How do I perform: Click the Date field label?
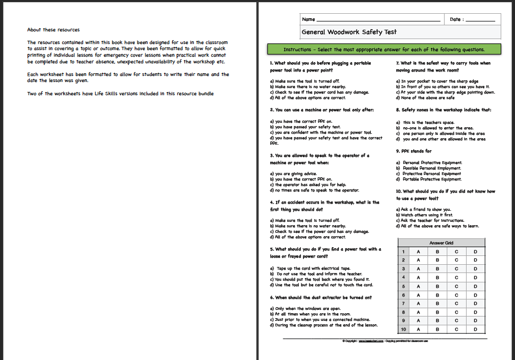click(456, 19)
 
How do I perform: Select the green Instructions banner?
click(383, 50)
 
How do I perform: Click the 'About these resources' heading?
click(53, 30)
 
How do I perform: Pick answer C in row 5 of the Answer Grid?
click(456, 286)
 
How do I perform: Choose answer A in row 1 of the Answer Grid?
click(418, 251)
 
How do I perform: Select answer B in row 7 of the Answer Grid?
click(437, 303)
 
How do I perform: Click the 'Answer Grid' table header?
click(441, 243)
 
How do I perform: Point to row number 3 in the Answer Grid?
click(403, 269)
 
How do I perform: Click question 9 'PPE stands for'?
click(414, 151)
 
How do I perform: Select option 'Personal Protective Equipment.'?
click(432, 163)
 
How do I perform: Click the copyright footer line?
click(385, 341)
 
